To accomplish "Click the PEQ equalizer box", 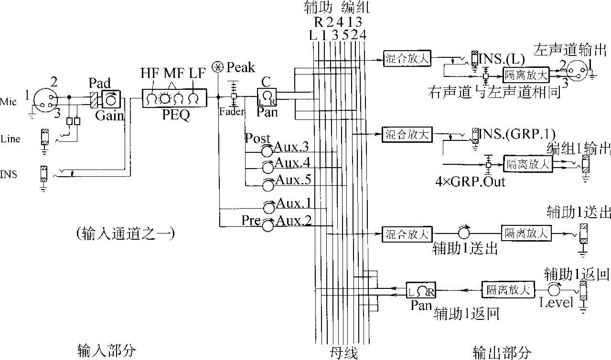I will coord(174,99).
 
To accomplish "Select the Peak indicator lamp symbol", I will coord(218,66).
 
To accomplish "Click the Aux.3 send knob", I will coord(267,151).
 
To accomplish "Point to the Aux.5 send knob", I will coord(267,184).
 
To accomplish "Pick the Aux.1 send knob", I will coord(267,207).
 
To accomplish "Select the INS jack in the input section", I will coord(43,173).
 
